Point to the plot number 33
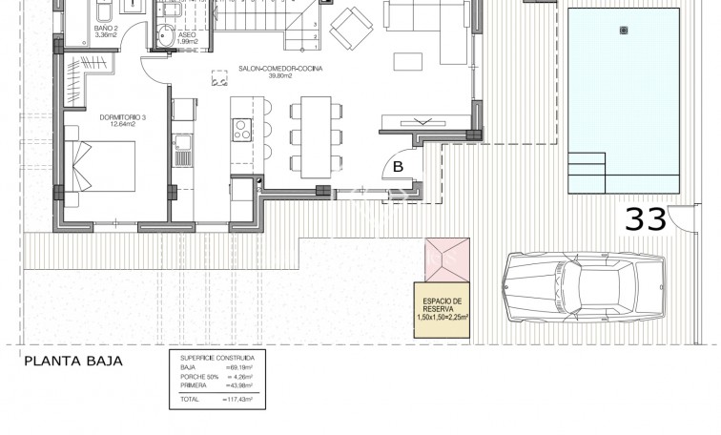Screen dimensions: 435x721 (x=646, y=218)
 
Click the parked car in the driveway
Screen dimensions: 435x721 (x=582, y=286)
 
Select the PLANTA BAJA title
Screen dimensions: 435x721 (x=73, y=362)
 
